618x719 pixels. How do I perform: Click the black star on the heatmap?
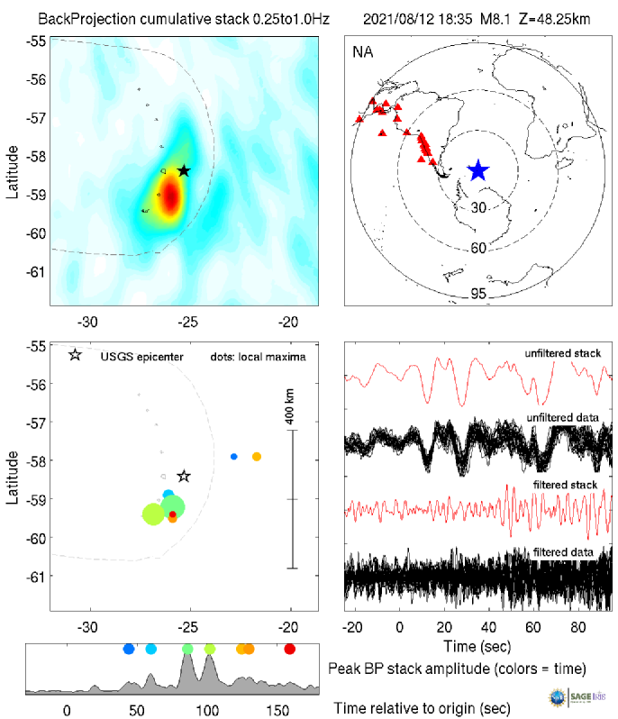coord(184,170)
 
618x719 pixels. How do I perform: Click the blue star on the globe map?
coord(477,169)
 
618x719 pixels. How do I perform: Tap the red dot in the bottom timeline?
coord(289,649)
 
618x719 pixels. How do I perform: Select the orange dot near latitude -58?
coord(256,457)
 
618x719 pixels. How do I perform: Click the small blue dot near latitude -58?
coord(234,457)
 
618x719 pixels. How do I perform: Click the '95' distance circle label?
coord(478,292)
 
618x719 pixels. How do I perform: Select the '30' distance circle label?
coord(478,208)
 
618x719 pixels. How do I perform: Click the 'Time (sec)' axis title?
coord(478,646)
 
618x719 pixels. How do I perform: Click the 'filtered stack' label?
coord(568,487)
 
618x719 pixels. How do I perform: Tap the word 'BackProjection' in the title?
coord(86,18)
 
